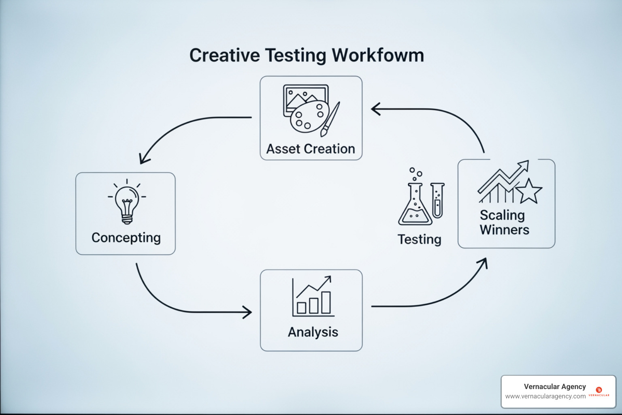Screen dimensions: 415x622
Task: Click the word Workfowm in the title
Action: pos(377,56)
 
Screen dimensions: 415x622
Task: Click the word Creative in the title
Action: pos(224,56)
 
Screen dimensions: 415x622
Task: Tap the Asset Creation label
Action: pos(311,149)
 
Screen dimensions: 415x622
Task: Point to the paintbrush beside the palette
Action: pos(330,119)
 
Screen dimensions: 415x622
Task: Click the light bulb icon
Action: pos(127,202)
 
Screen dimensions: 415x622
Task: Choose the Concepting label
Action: pos(126,238)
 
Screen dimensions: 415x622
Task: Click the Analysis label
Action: pos(313,332)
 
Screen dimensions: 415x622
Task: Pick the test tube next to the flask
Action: pos(437,201)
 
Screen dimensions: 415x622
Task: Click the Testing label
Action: pos(419,240)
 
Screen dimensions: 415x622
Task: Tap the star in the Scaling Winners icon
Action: pos(528,191)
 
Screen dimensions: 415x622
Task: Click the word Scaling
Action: pos(502,215)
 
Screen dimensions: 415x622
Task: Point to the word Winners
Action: pos(505,230)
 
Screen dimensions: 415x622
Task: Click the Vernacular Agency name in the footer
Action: pos(555,387)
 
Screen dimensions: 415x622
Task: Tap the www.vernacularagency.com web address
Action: pos(545,396)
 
